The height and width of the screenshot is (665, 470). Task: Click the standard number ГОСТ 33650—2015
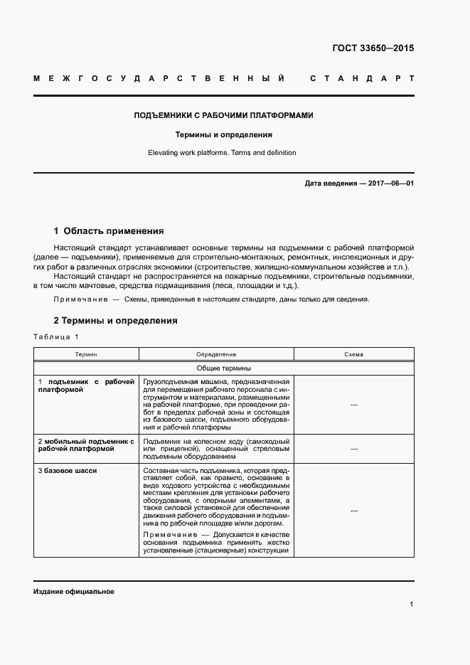pos(373,49)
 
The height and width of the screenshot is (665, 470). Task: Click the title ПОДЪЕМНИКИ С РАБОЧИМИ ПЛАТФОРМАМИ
pos(224,115)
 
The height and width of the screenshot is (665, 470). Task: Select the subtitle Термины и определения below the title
pos(224,134)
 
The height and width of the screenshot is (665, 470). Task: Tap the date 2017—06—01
pos(387,183)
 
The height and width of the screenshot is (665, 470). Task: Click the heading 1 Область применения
pos(109,231)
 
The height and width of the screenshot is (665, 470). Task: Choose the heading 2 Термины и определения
pos(115,321)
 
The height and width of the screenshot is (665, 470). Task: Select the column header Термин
pos(87,354)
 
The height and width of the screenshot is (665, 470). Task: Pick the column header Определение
pos(216,354)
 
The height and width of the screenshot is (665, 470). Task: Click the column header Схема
pos(353,354)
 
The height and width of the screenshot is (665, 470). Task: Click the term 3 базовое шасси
pos(68,471)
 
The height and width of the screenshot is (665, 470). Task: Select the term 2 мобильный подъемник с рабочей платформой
pos(86,445)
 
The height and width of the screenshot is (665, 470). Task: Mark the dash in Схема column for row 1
pos(353,405)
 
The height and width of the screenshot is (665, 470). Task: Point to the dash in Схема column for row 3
pos(353,511)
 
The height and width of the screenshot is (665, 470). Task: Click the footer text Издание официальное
pos(73,592)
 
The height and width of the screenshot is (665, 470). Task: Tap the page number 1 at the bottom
pos(411,604)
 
